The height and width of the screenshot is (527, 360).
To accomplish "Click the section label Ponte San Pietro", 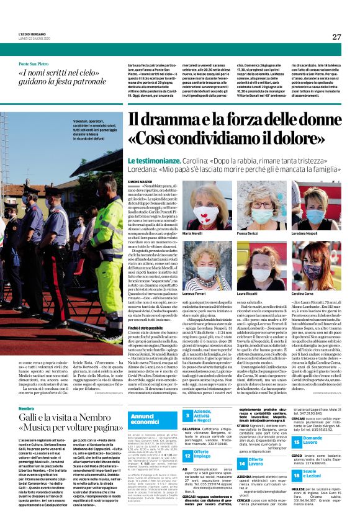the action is point(34,65).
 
